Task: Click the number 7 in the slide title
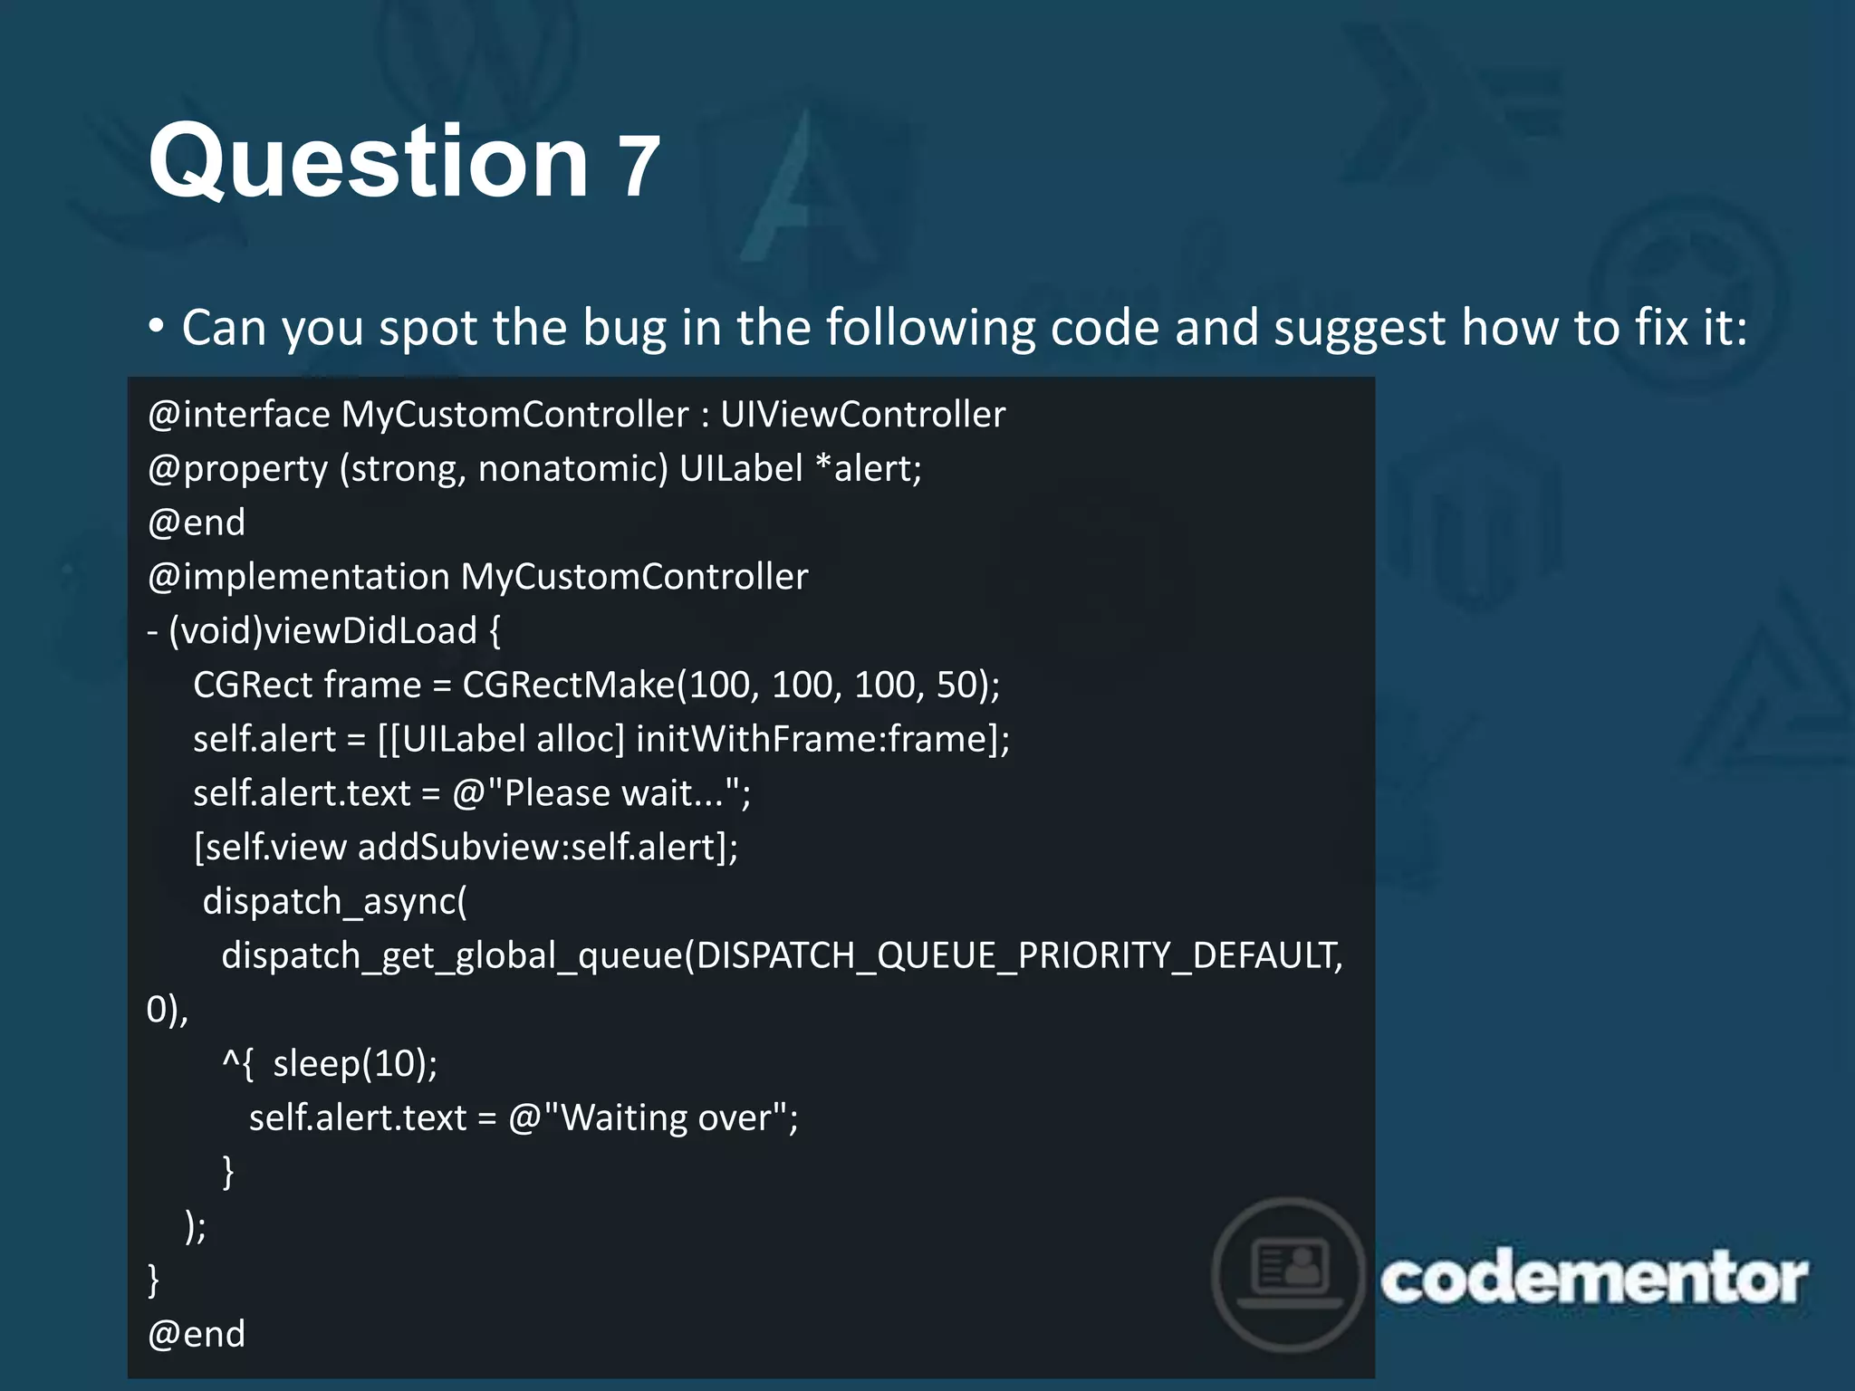[639, 168]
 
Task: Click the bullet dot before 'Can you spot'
[157, 325]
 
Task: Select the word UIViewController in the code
[862, 415]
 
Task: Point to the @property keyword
[237, 469]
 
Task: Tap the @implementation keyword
[298, 577]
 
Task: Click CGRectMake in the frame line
[569, 686]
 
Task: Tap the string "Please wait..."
[601, 794]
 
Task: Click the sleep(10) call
[354, 1064]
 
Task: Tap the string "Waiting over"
[653, 1118]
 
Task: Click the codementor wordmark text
[1594, 1280]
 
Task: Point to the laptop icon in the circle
[1289, 1272]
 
